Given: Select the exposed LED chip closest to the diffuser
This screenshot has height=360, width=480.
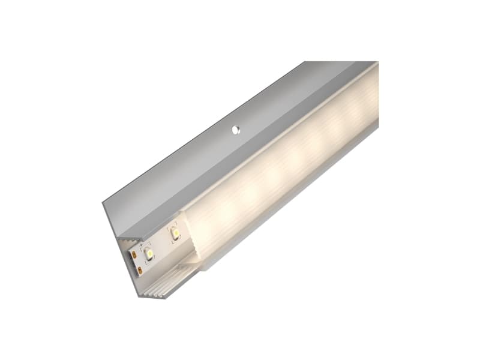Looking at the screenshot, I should pyautogui.click(x=174, y=232).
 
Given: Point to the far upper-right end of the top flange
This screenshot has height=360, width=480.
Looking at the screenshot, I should pyautogui.click(x=375, y=62).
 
